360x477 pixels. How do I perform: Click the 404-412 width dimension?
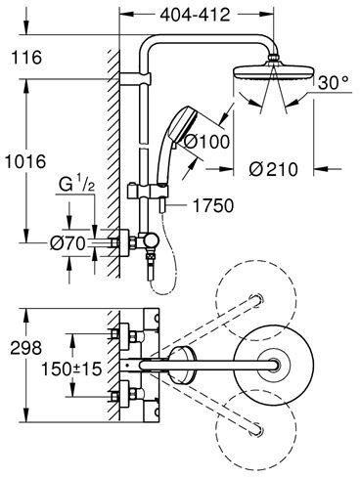click(196, 15)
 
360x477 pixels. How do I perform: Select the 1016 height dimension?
click(25, 161)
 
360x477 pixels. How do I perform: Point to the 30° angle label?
click(334, 83)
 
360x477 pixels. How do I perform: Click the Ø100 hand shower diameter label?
click(206, 142)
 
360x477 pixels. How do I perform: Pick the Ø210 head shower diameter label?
click(273, 169)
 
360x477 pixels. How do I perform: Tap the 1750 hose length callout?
click(213, 205)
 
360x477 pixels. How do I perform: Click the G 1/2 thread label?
click(77, 185)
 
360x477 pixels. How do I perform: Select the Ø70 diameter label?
click(67, 243)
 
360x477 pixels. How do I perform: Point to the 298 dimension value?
click(26, 348)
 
